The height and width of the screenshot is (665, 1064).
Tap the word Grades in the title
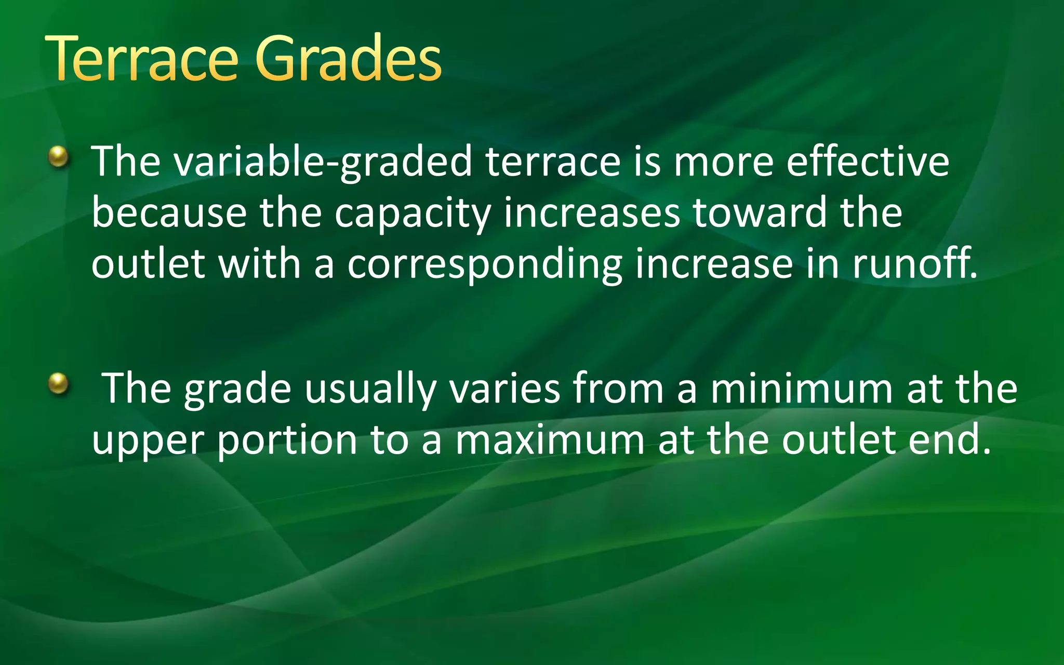(x=348, y=58)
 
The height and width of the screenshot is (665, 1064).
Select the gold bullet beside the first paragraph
(x=59, y=157)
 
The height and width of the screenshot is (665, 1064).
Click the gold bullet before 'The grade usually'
(x=59, y=384)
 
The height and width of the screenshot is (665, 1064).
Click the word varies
(x=504, y=389)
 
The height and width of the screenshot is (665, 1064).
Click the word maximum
(x=550, y=440)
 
